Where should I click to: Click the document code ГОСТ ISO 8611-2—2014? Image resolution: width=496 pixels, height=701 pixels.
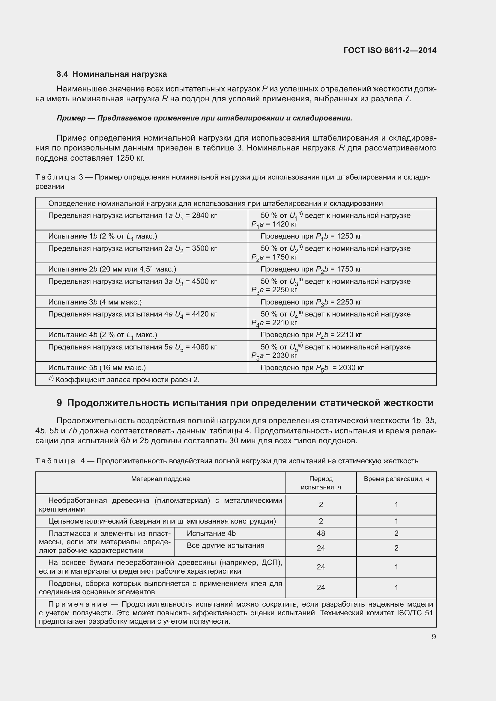[x=390, y=50]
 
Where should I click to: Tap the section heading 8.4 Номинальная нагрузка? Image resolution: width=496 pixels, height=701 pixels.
[x=112, y=74]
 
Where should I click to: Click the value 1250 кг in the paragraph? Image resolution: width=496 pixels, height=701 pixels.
[x=130, y=158]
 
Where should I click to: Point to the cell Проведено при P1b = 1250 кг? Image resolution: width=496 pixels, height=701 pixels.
[x=311, y=236]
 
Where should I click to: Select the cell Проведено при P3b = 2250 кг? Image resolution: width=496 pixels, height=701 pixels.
[x=311, y=302]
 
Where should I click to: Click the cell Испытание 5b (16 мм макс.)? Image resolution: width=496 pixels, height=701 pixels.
[x=97, y=368]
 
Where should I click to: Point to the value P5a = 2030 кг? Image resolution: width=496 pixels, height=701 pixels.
[x=274, y=356]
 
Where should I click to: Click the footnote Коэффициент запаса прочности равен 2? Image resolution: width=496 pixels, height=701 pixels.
[x=127, y=380]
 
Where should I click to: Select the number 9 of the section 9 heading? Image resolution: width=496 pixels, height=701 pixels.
[x=59, y=403]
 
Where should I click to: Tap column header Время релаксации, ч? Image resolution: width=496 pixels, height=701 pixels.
[x=396, y=479]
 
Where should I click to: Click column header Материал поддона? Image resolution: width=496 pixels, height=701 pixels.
[x=160, y=479]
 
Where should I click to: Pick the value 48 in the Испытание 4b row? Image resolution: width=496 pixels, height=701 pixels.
[x=321, y=533]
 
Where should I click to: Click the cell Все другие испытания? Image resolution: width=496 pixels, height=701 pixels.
[x=226, y=545]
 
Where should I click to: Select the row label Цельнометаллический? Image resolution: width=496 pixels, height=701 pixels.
[x=88, y=521]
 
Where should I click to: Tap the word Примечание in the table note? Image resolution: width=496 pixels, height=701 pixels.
[x=78, y=604]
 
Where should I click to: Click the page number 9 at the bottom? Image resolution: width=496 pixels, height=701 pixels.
[x=434, y=637]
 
